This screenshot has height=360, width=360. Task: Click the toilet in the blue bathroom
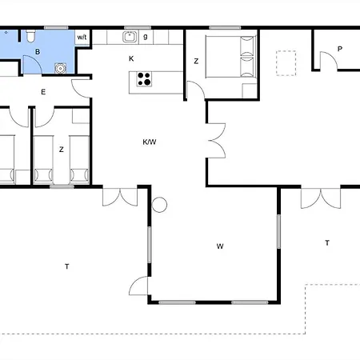tap(30, 36)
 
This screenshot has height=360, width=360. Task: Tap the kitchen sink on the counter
tap(130, 37)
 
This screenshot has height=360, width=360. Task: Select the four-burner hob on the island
tap(144, 79)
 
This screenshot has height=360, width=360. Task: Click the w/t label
tap(82, 37)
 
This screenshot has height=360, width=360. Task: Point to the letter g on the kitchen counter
tap(146, 37)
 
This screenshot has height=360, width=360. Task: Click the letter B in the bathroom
tap(38, 52)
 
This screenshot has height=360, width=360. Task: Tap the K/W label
tap(150, 142)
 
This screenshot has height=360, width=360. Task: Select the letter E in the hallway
tap(43, 92)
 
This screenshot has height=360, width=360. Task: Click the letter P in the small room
tap(340, 49)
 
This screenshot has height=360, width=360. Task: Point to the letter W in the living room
tap(220, 246)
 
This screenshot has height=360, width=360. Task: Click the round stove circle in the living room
tap(159, 205)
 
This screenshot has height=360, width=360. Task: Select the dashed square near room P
tap(286, 63)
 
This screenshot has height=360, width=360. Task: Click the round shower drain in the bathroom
tap(61, 68)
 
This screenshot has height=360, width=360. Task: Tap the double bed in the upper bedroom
tap(231, 57)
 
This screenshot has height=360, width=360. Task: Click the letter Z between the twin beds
tap(62, 150)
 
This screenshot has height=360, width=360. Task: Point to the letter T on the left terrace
tap(66, 266)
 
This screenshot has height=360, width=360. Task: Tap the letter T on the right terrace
tap(327, 243)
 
